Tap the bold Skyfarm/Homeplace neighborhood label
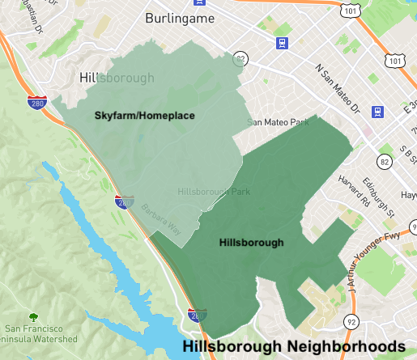(145, 116)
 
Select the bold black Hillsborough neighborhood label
(251, 242)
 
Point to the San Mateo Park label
(279, 123)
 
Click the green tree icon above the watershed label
(34, 316)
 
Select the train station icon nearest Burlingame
(282, 44)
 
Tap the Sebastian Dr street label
(34, 24)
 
